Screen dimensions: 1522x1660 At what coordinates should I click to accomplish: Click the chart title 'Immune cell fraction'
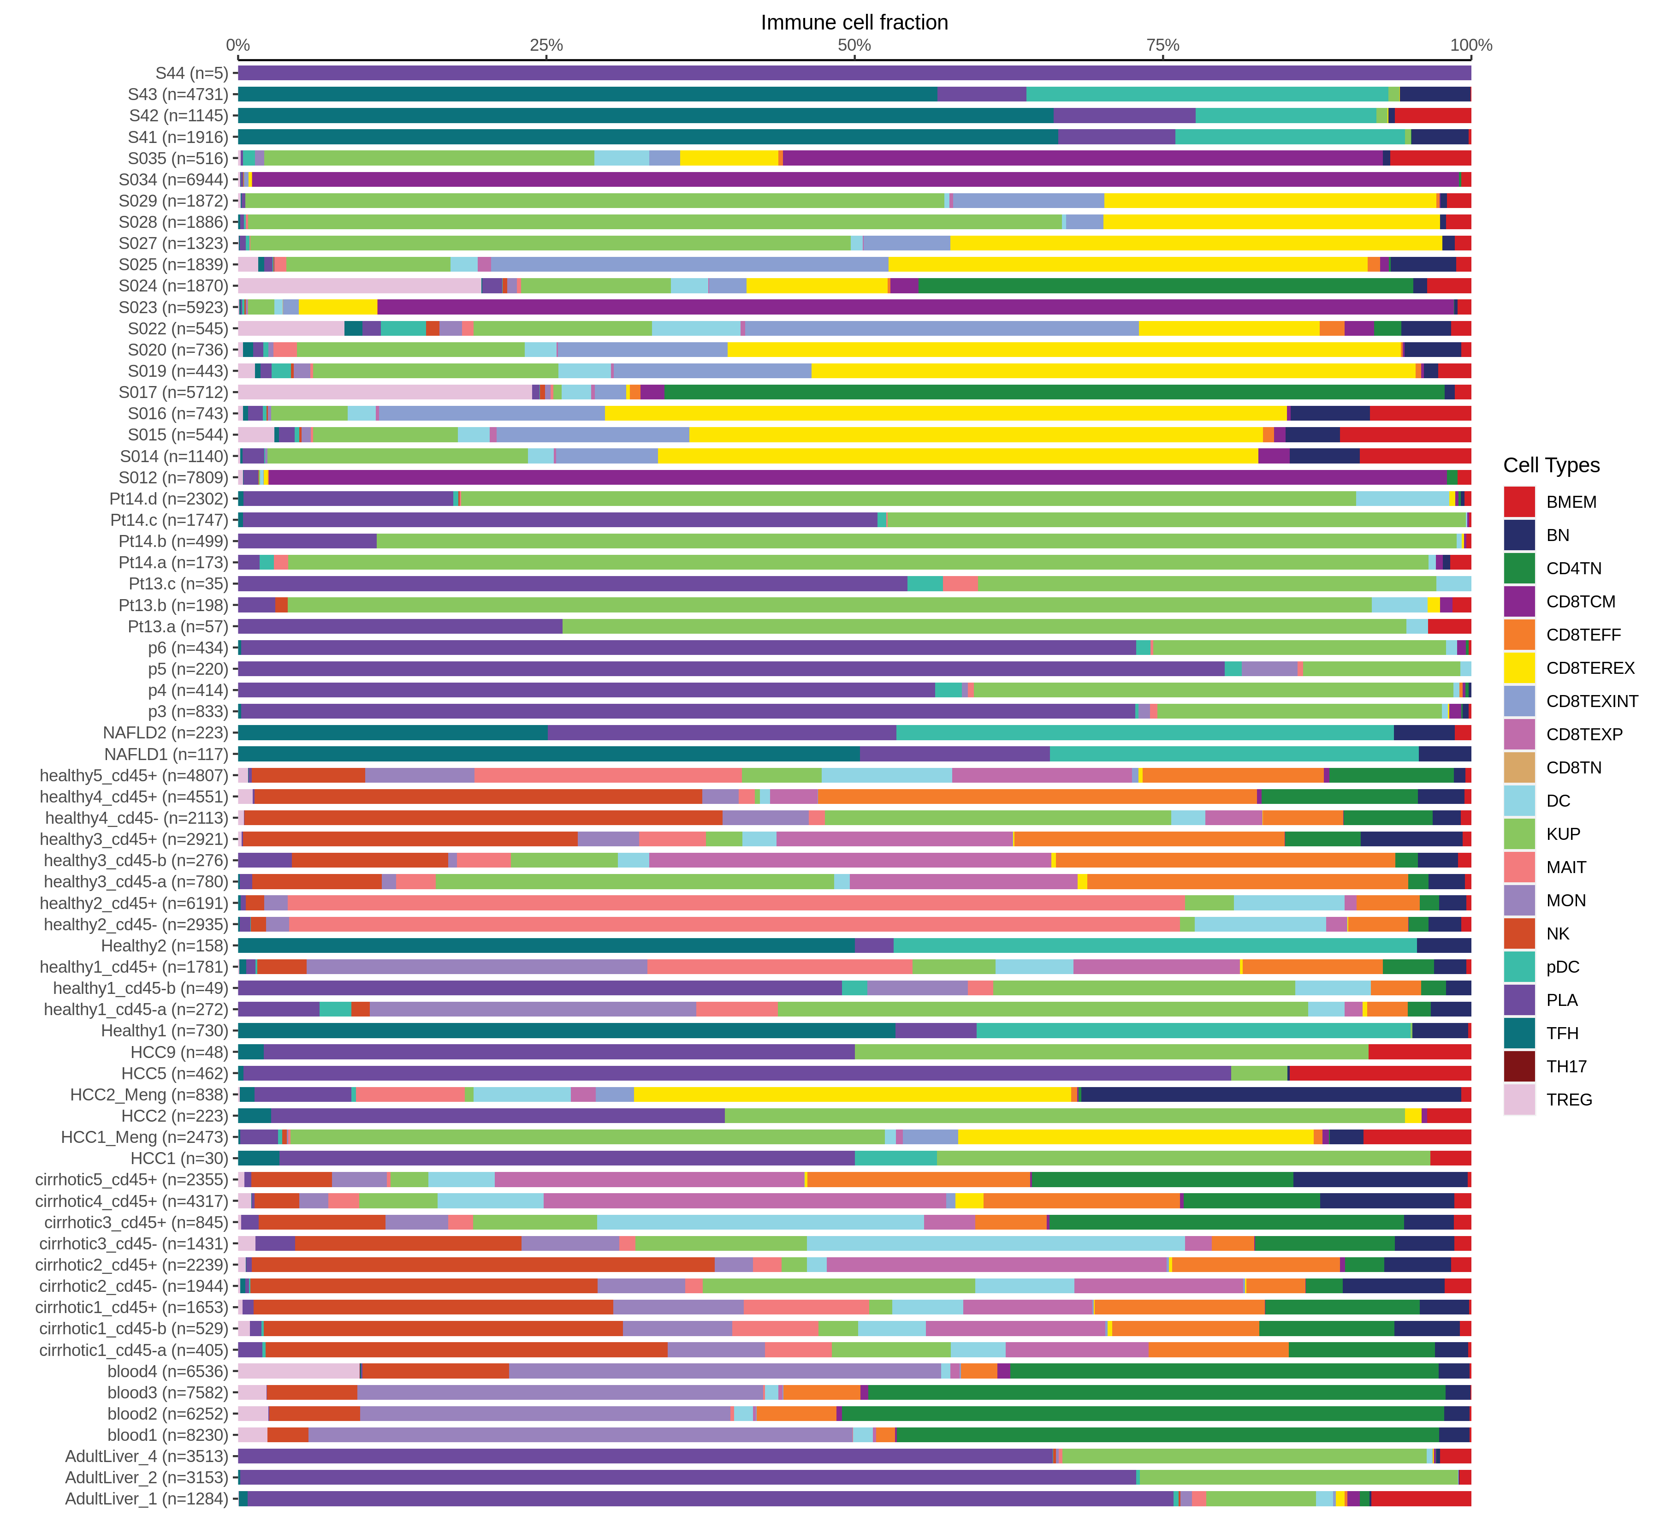click(854, 22)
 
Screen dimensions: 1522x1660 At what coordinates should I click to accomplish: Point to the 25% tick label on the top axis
click(546, 45)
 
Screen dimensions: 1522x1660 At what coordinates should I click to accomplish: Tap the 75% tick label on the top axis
click(1162, 45)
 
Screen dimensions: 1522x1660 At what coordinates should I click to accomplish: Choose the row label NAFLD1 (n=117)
click(166, 755)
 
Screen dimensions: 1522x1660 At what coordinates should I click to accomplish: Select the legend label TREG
click(1569, 1100)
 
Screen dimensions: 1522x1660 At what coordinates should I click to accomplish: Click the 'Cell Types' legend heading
click(1551, 465)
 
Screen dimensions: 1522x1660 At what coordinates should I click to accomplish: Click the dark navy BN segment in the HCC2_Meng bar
click(1270, 1094)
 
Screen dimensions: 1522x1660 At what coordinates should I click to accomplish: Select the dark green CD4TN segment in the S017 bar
click(1054, 392)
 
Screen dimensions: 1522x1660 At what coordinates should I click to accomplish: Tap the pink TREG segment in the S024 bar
click(359, 286)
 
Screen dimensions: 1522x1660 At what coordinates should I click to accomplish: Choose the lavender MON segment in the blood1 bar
click(581, 1435)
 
